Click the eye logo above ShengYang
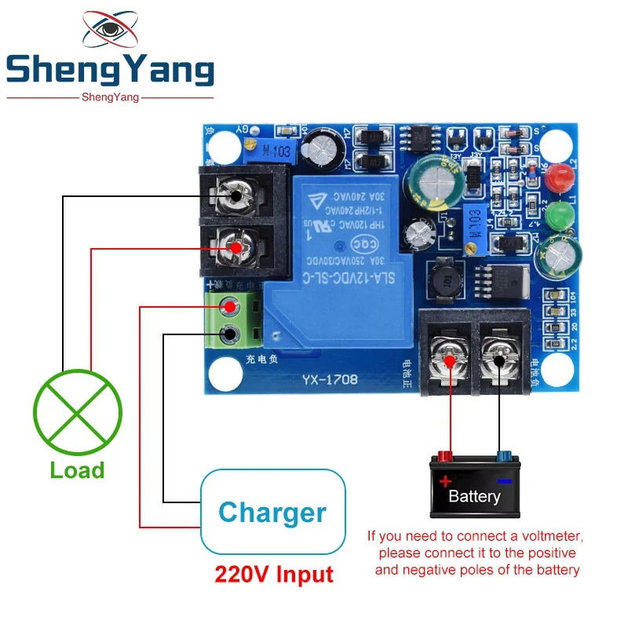[x=111, y=31]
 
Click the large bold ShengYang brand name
[x=110, y=71]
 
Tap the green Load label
[x=77, y=470]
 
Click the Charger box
[x=272, y=513]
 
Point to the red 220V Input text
[x=274, y=574]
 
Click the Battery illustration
[x=474, y=487]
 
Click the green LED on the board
[x=559, y=214]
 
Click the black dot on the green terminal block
[x=229, y=335]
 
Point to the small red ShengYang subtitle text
[x=110, y=97]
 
